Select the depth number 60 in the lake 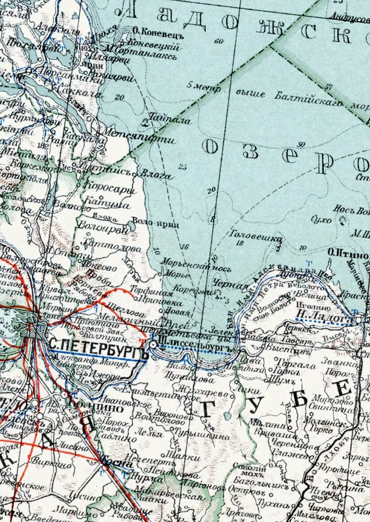pyautogui.click(x=218, y=41)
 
